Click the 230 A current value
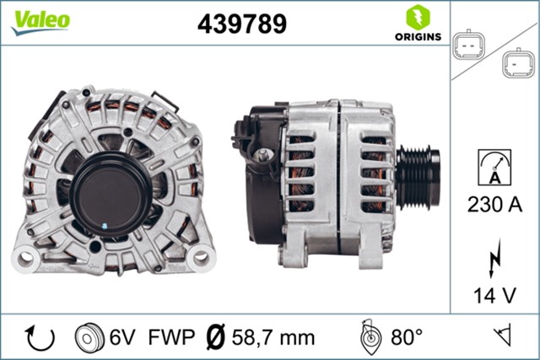(x=494, y=203)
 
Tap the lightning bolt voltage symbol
(x=494, y=260)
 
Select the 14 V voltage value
(x=494, y=296)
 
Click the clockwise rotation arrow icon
(x=39, y=338)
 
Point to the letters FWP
(x=171, y=338)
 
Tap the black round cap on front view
(x=111, y=192)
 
